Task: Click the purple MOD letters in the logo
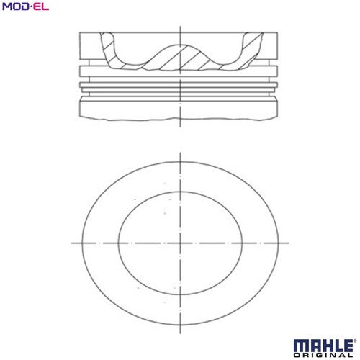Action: tap(16, 6)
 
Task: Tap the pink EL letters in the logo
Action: tap(41, 6)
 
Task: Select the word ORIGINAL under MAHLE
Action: tap(323, 355)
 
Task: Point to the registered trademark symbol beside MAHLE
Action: tap(354, 341)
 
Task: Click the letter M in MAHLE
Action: tap(300, 346)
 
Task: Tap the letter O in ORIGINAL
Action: tap(297, 355)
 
